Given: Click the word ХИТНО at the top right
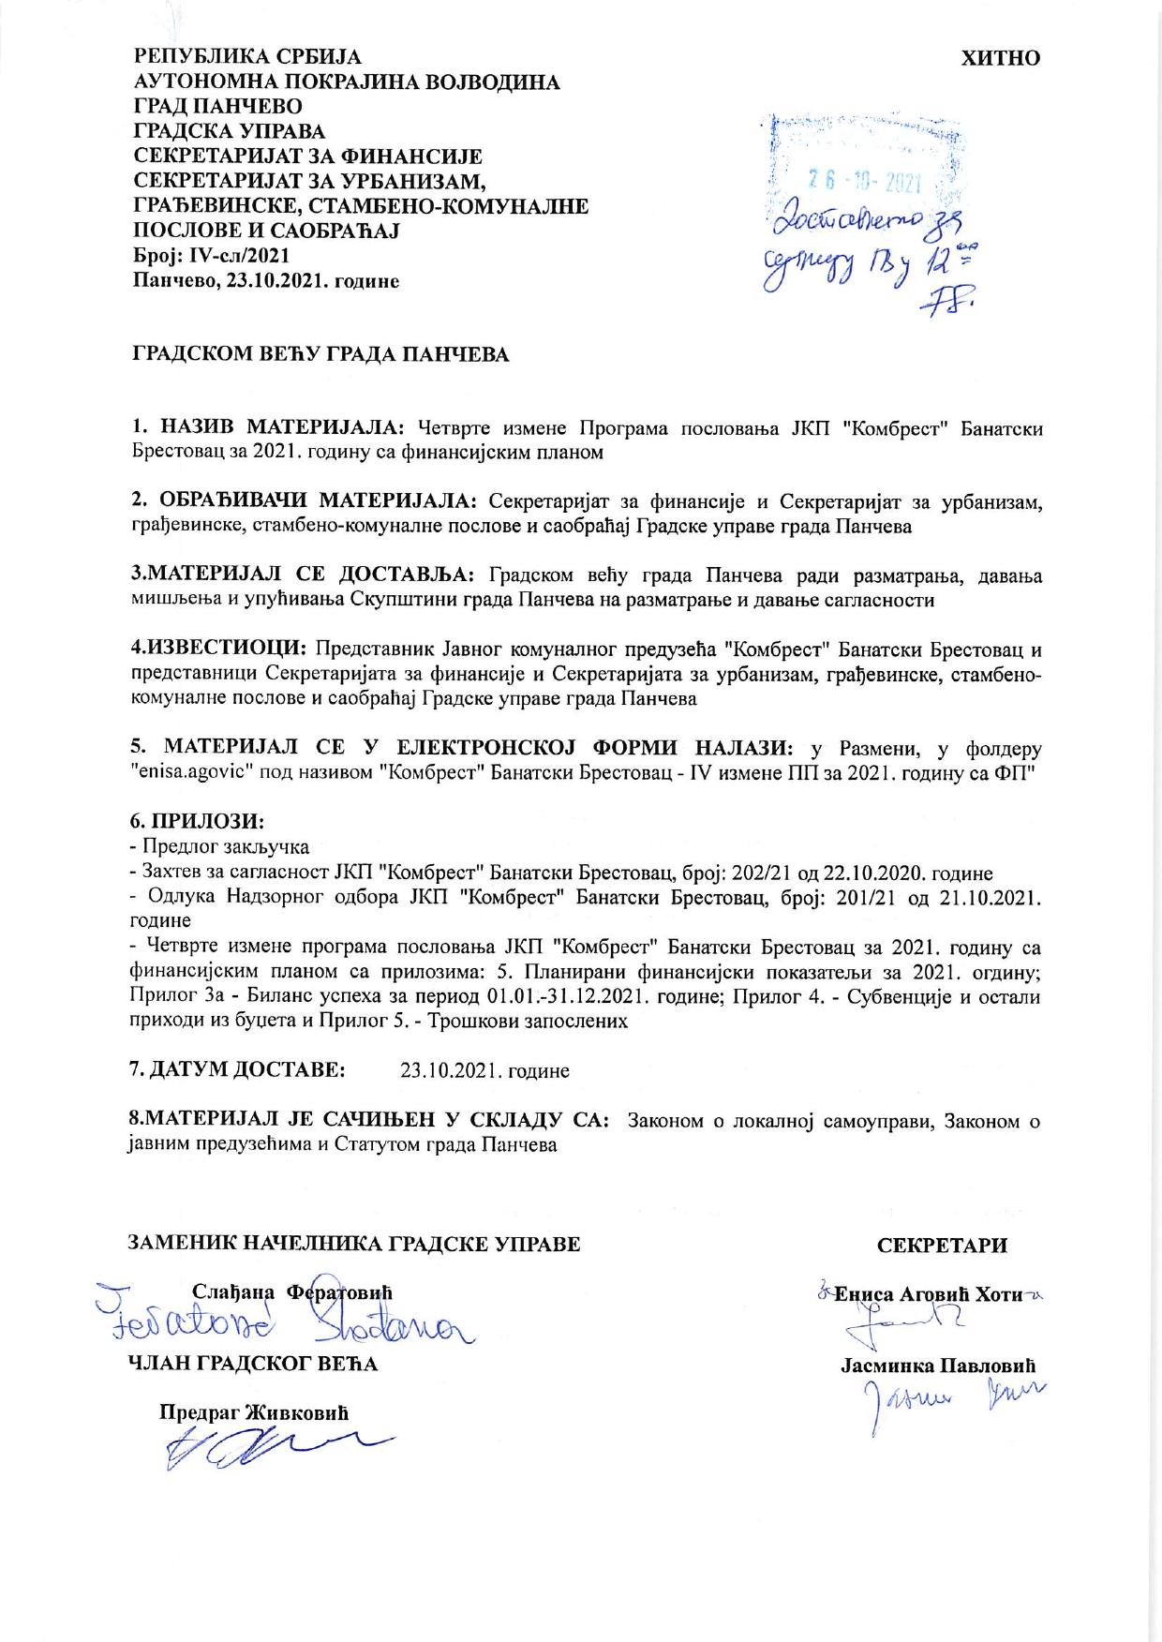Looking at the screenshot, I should point(1001,58).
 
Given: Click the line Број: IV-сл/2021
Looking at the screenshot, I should point(212,255).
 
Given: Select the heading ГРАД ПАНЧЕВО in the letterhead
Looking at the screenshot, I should point(218,107).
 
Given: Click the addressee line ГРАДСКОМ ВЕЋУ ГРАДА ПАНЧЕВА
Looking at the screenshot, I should point(319,355).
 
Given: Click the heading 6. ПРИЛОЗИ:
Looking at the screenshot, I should point(197,821).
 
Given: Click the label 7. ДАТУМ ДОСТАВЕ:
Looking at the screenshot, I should point(237,1068).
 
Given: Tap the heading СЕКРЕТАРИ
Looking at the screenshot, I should point(942,1245).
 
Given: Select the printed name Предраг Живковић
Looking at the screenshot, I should point(253,1412).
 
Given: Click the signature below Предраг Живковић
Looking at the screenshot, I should point(272,1449).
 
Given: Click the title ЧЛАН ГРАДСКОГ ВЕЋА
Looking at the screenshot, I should point(253,1363).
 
